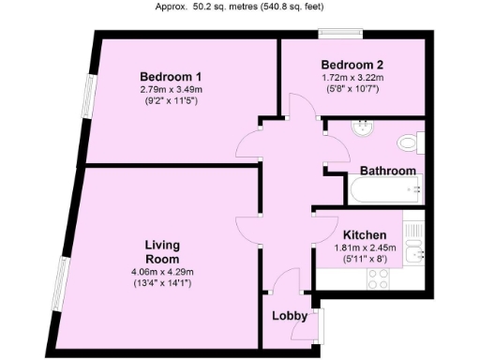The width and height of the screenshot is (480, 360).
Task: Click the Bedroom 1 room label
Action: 171,76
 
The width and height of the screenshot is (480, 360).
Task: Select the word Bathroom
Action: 387,171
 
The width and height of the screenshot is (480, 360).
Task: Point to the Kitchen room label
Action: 365,234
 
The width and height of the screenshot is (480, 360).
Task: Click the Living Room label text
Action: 162,251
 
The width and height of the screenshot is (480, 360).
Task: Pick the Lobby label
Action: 290,316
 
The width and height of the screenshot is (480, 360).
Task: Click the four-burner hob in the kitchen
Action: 379,277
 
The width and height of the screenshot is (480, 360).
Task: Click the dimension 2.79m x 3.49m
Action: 171,90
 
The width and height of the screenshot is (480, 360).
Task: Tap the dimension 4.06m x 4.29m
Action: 162,273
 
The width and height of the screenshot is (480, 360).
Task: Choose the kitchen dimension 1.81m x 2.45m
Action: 365,247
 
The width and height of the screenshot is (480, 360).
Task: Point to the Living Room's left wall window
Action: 62,286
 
